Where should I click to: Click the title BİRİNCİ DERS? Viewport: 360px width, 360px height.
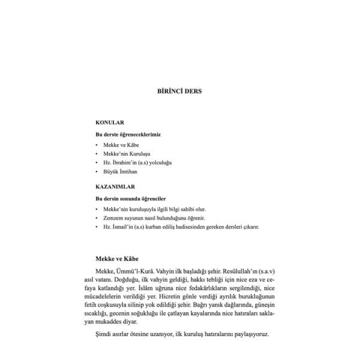(x=179, y=92)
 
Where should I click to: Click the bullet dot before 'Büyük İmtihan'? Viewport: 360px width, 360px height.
(x=97, y=172)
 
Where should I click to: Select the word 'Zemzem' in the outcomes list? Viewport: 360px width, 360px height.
(x=113, y=218)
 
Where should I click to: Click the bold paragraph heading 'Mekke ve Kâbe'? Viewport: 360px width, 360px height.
(x=117, y=259)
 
